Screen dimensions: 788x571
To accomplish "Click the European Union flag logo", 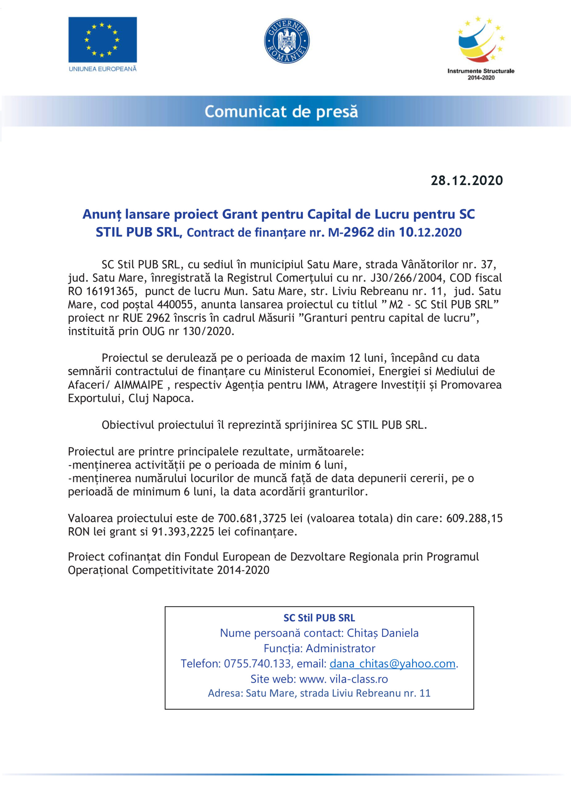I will pyautogui.click(x=103, y=40).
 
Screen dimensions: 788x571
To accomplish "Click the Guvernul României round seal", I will pyautogui.click(x=287, y=41).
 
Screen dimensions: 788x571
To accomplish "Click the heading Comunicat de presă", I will pyautogui.click(x=281, y=112).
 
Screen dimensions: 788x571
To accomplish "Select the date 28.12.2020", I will pyautogui.click(x=467, y=180).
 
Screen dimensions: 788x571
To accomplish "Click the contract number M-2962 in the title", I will pyautogui.click(x=351, y=232).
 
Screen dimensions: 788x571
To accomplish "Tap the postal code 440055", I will pyautogui.click(x=175, y=304).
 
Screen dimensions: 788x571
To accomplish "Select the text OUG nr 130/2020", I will pyautogui.click(x=187, y=331).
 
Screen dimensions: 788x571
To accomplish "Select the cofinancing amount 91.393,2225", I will pyautogui.click(x=183, y=532).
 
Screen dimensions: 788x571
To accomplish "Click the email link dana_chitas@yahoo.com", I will pyautogui.click(x=392, y=663).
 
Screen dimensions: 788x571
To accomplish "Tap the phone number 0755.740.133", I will pyautogui.click(x=257, y=663).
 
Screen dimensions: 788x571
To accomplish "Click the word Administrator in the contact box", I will pyautogui.click(x=341, y=648).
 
